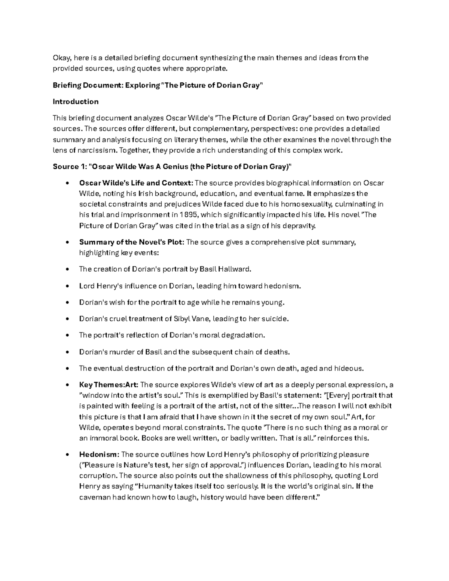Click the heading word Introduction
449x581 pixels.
[x=76, y=102]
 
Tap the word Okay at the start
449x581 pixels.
[x=62, y=58]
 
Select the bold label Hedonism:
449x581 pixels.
[x=99, y=455]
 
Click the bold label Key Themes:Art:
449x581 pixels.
[x=109, y=385]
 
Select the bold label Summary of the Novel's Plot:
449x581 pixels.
[x=132, y=242]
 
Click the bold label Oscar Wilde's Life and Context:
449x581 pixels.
[x=136, y=183]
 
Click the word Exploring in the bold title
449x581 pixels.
[x=142, y=85]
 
